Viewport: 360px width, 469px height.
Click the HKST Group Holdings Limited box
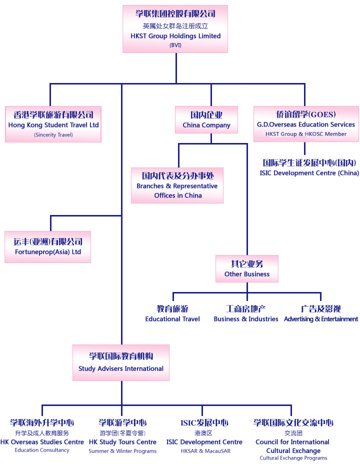coord(175,28)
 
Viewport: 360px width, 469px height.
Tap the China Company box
coord(206,120)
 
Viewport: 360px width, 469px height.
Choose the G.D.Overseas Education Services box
coord(306,124)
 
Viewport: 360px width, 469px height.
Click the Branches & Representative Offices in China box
coord(177,185)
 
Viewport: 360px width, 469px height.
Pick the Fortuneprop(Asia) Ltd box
coord(47,247)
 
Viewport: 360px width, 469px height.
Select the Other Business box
coord(246,269)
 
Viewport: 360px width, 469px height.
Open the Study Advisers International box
coord(121,362)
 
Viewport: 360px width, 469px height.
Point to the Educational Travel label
coord(172,319)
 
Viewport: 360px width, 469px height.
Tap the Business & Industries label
coord(246,319)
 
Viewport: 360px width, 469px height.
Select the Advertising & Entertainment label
coord(321,319)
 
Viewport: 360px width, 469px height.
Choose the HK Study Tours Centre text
coord(122,442)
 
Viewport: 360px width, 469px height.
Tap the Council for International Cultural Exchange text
coord(292,446)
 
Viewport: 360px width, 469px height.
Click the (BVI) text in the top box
coord(175,45)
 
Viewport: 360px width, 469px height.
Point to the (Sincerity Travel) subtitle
coord(53,134)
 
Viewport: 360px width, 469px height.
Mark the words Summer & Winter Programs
coord(122,451)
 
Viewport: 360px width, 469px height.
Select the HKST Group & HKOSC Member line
coord(306,134)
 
